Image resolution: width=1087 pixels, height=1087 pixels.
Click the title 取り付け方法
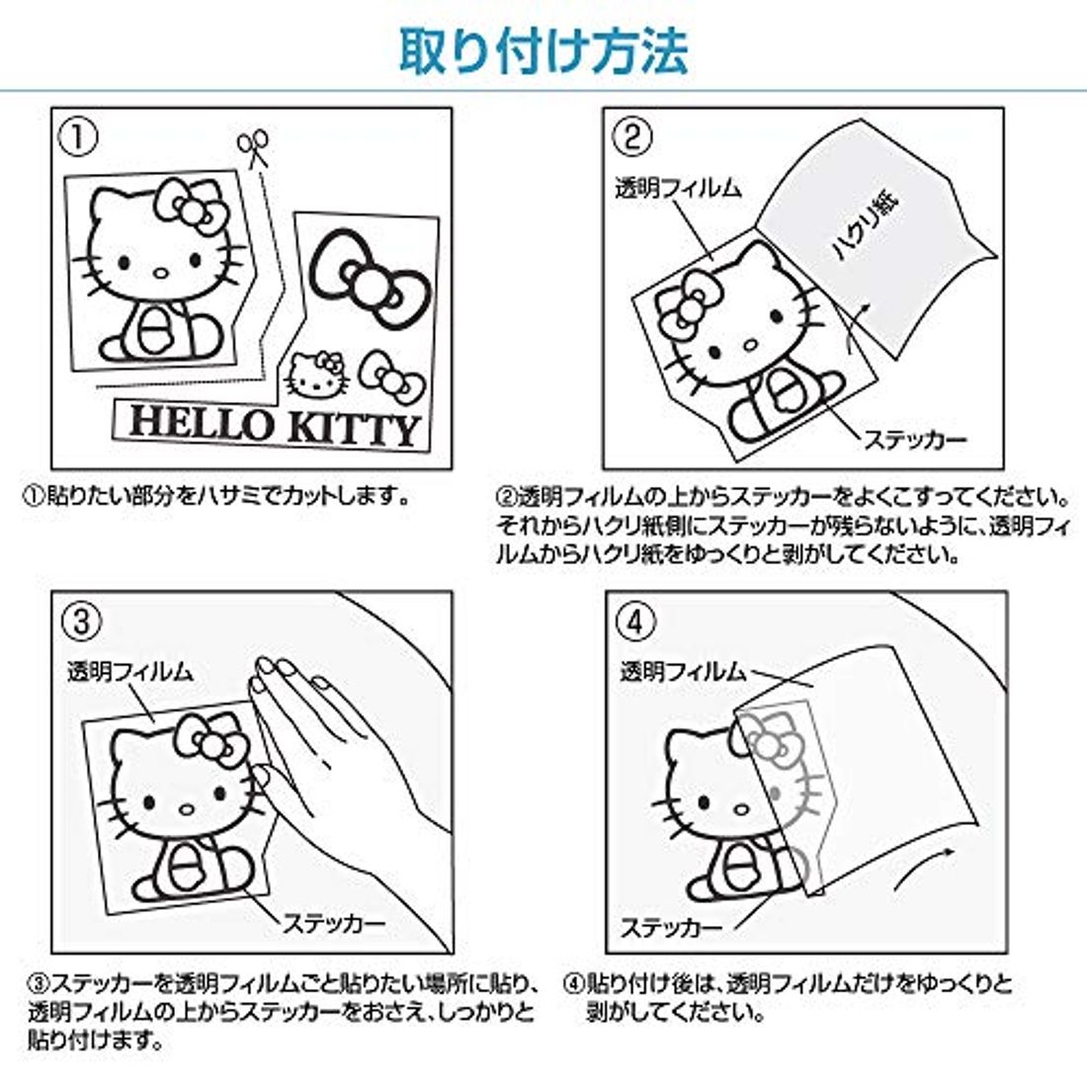point(543,51)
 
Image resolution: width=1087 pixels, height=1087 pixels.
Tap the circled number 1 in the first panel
point(78,137)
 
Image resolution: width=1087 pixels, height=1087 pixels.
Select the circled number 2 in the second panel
point(631,137)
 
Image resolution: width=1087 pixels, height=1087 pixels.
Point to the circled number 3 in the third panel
point(81,622)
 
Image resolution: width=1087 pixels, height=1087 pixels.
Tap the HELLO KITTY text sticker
point(275,425)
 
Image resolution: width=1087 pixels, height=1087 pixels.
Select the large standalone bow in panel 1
point(369,276)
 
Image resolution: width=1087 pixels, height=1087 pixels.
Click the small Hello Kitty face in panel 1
point(315,376)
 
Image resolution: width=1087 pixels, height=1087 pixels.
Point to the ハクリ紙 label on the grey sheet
point(866,226)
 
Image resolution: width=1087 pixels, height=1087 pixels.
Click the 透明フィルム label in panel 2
point(677,188)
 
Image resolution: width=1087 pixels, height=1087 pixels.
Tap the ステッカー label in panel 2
point(914,440)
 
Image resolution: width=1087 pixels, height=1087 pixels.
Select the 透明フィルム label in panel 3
point(129,671)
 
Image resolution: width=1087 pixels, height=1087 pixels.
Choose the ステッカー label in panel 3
point(333,923)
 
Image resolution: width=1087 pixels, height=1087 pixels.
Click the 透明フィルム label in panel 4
point(683,671)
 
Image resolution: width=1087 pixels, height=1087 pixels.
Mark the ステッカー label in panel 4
point(671,927)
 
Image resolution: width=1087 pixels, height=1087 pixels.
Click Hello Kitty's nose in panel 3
point(187,809)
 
